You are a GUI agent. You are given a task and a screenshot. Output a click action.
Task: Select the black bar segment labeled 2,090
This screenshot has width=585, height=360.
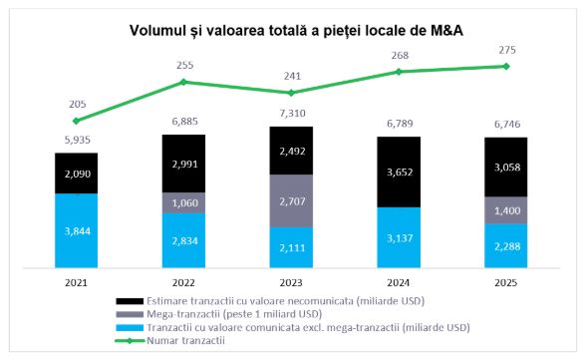click(x=76, y=174)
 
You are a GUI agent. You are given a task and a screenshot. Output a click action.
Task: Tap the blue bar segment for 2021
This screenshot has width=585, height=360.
click(x=76, y=231)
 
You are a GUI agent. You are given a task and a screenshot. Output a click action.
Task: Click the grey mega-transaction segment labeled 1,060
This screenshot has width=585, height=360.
click(x=183, y=202)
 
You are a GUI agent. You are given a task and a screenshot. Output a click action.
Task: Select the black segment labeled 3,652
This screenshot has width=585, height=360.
click(x=399, y=172)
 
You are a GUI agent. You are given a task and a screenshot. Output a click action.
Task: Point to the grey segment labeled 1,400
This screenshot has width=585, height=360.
click(x=506, y=209)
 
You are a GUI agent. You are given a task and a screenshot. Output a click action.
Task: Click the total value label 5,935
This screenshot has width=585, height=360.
click(x=76, y=141)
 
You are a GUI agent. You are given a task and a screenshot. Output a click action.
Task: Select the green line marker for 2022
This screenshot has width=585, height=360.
click(x=183, y=82)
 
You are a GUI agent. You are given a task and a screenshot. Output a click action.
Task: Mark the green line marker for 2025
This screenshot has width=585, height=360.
click(x=506, y=67)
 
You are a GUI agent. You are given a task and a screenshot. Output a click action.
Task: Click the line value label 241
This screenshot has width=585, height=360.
click(x=291, y=75)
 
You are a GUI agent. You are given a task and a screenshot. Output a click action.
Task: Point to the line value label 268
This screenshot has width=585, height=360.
click(x=399, y=55)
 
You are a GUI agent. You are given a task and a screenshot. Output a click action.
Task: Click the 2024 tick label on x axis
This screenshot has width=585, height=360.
click(x=399, y=282)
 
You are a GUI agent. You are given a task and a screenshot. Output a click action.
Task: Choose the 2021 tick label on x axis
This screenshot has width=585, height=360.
click(x=76, y=282)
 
